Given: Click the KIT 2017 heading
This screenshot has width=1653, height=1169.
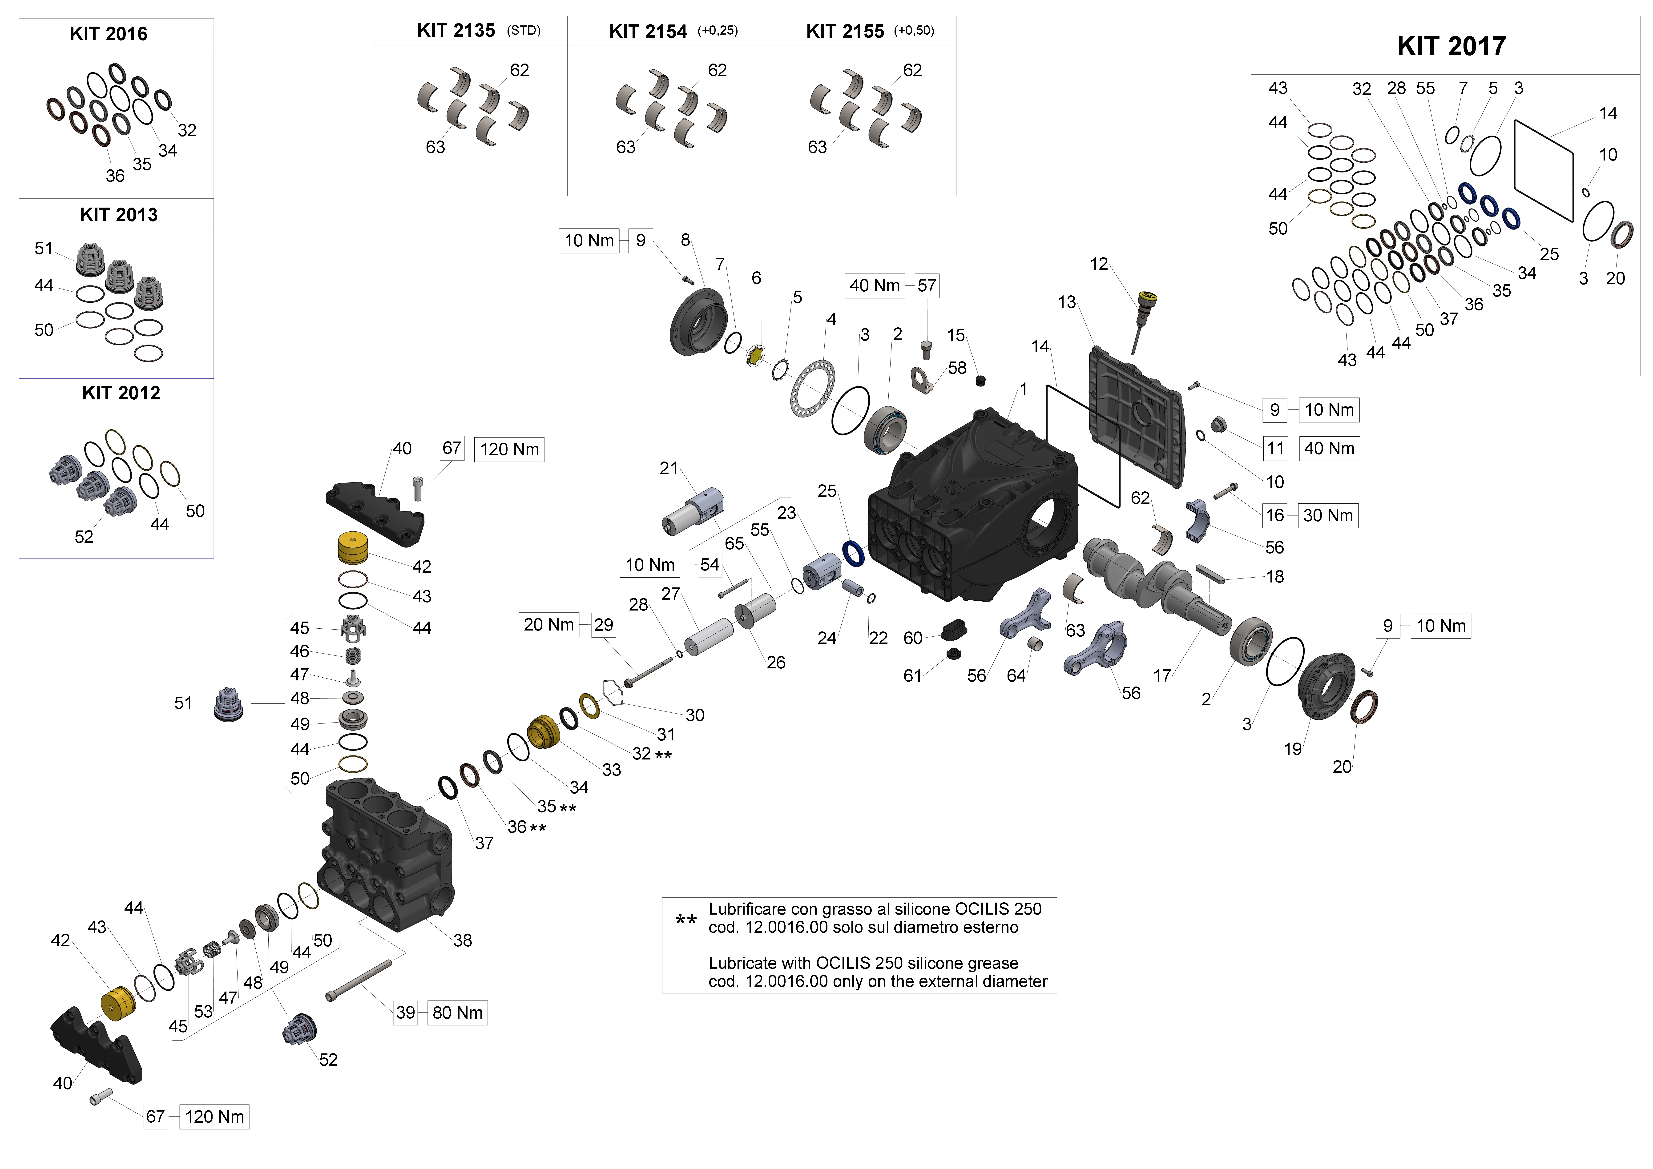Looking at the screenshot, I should (1451, 46).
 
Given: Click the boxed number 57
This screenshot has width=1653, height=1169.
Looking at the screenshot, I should (927, 286).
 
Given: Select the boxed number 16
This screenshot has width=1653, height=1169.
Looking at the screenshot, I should (1275, 515).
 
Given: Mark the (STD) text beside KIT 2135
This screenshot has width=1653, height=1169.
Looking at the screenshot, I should (523, 31).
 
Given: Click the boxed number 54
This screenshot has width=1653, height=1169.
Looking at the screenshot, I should (709, 565).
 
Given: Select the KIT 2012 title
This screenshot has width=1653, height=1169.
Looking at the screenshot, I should (121, 393).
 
